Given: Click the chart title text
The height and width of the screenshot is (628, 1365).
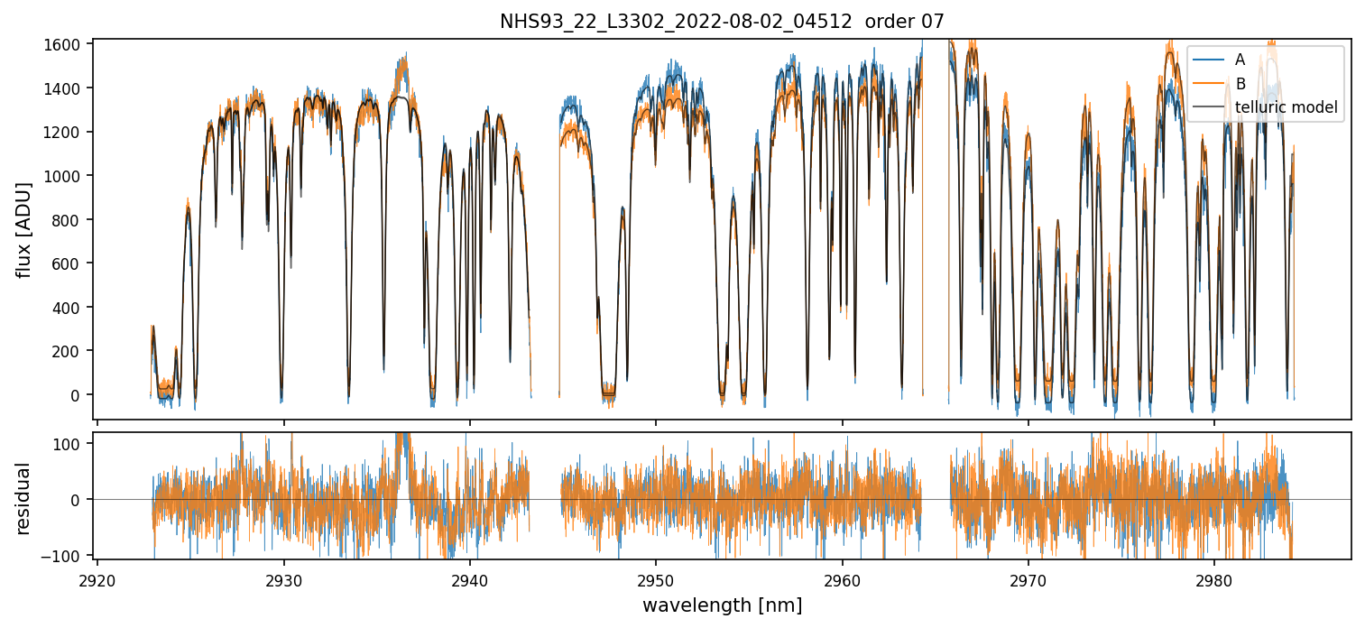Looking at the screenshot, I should click(x=722, y=22).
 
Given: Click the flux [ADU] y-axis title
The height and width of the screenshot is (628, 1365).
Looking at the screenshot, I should click(x=25, y=229).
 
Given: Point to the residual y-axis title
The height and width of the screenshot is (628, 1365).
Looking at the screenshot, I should click(x=25, y=498).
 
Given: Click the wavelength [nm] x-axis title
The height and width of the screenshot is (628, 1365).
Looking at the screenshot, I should click(x=722, y=605).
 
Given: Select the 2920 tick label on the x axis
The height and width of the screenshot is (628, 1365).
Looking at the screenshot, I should click(x=97, y=578).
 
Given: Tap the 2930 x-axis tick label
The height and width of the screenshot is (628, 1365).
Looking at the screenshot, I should click(x=284, y=578).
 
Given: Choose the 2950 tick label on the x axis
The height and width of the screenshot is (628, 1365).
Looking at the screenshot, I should click(x=656, y=578).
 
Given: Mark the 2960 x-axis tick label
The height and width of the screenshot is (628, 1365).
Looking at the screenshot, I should click(x=843, y=578).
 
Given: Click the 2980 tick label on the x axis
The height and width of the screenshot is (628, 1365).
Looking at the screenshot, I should click(x=1213, y=578).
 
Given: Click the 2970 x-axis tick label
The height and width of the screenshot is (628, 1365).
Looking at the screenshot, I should click(x=1028, y=578).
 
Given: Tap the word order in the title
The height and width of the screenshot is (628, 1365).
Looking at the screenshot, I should click(x=885, y=22).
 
